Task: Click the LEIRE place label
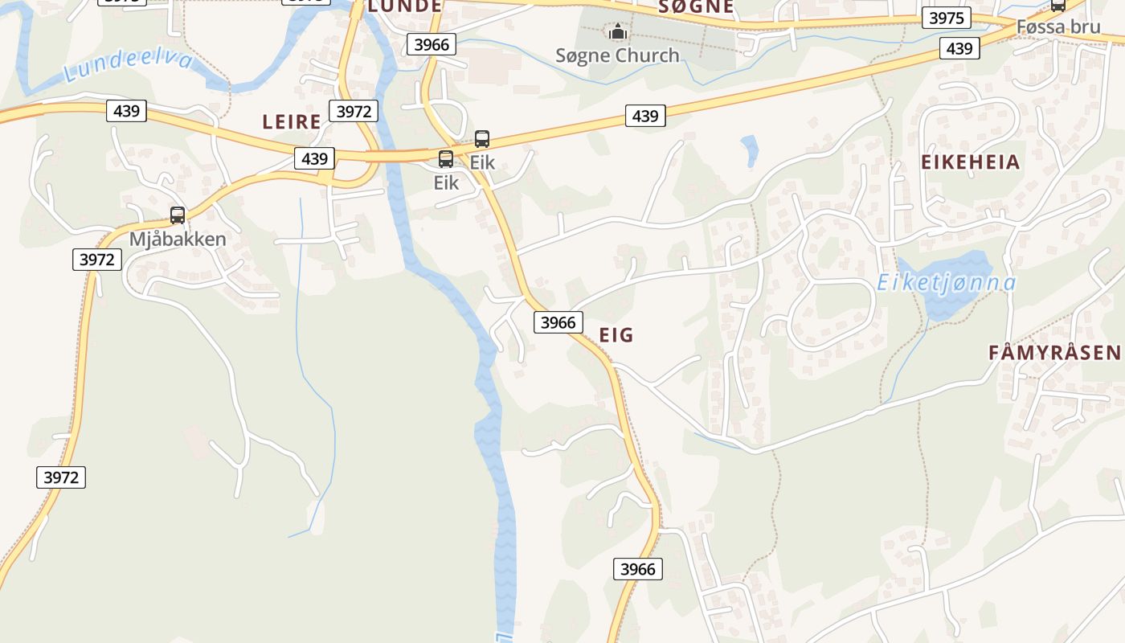pos(292,122)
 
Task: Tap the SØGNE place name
pos(696,6)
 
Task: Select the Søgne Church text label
pos(617,55)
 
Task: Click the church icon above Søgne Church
pos(617,32)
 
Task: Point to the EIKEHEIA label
pos(970,162)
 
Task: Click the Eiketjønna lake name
pos(946,283)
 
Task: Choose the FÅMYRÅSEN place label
pos(1053,352)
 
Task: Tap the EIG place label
pos(616,335)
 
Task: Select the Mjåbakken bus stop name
pos(178,240)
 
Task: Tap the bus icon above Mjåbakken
pos(178,215)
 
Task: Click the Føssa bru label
pos(1057,27)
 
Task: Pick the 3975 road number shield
pos(946,18)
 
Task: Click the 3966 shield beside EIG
pos(558,322)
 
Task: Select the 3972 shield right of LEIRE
pos(353,111)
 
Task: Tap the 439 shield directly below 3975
pos(959,48)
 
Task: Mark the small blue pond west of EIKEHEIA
pos(750,149)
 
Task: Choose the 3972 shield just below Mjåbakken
pos(97,260)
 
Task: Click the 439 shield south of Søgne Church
pos(644,117)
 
